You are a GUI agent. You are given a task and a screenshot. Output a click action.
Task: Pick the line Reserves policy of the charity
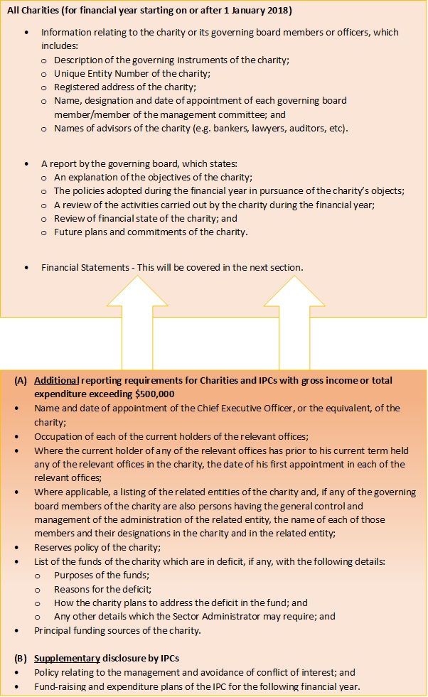coord(97,548)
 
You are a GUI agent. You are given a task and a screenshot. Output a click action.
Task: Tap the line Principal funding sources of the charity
coord(117,630)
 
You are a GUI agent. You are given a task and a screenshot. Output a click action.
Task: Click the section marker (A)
coord(21,381)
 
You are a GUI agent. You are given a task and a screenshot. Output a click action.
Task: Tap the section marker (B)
coord(21,658)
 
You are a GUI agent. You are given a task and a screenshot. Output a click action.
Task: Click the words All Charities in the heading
coord(31,11)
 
